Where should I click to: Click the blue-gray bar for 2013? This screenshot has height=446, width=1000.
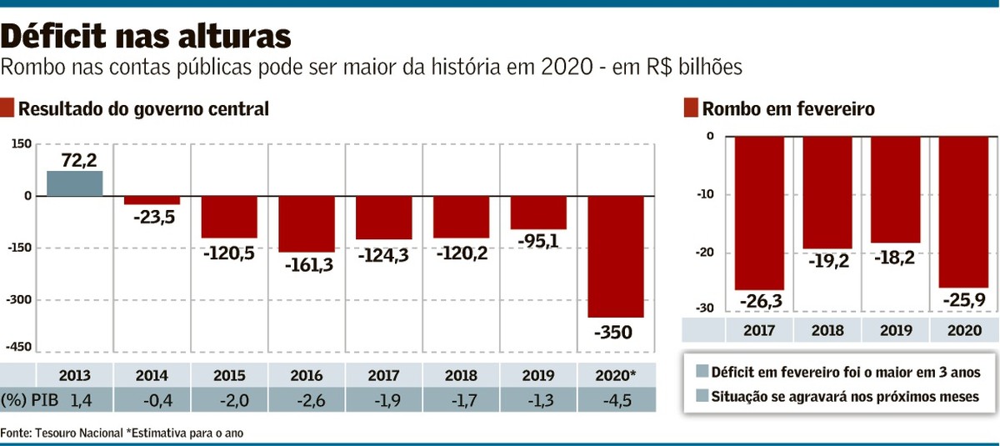pyautogui.click(x=74, y=183)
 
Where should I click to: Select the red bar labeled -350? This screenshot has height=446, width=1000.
pyautogui.click(x=616, y=256)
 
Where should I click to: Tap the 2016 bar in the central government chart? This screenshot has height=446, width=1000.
pyautogui.click(x=307, y=223)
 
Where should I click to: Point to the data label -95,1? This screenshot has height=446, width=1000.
pyautogui.click(x=538, y=241)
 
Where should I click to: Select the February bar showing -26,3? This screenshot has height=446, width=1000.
pyautogui.click(x=759, y=213)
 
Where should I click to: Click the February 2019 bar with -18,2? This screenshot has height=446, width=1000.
pyautogui.click(x=896, y=189)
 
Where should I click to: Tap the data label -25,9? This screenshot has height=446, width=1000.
pyautogui.click(x=964, y=299)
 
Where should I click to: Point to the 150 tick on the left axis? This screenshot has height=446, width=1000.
pyautogui.click(x=22, y=144)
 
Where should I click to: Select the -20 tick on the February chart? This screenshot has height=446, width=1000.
pyautogui.click(x=704, y=253)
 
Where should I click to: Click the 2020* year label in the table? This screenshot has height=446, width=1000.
pyautogui.click(x=617, y=375)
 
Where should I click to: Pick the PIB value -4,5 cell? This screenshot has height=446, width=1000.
pyautogui.click(x=617, y=401)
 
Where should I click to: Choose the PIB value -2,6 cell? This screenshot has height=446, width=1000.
pyautogui.click(x=307, y=401)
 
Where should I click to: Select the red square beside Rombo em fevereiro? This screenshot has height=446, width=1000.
pyautogui.click(x=690, y=108)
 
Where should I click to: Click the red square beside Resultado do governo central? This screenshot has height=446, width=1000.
pyautogui.click(x=7, y=108)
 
